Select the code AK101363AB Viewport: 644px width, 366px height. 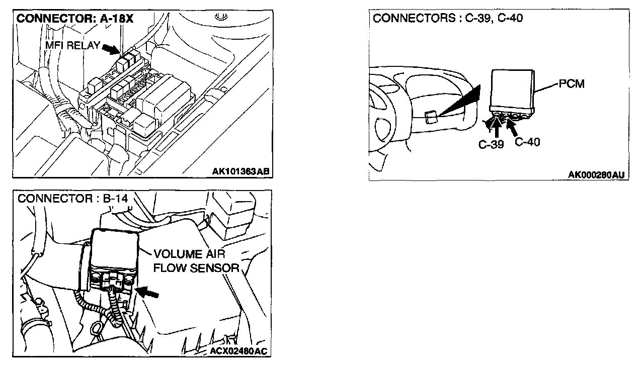[240, 171]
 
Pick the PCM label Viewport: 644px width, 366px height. [572, 84]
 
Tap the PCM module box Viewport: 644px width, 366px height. [512, 90]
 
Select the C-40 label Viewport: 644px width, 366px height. [527, 142]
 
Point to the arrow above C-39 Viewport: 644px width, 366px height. [497, 128]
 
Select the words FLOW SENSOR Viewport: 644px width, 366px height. [196, 267]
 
